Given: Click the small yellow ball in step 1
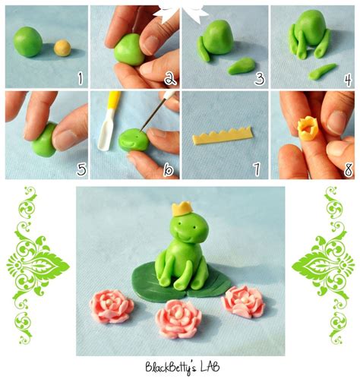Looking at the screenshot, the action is (62, 48).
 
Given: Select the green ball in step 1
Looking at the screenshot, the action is (28, 42).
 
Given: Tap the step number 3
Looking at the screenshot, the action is (260, 78).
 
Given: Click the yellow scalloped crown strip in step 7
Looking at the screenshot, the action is (223, 136).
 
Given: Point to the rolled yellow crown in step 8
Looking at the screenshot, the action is (307, 129).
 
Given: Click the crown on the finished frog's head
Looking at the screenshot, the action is (182, 209).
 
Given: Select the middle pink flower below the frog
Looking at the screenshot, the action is (178, 319).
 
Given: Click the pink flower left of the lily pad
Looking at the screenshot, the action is (112, 306).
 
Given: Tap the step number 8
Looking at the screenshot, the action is (349, 169).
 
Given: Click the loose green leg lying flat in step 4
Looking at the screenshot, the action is (322, 71).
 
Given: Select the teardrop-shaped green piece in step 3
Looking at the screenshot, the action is (242, 66).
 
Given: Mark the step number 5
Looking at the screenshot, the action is (81, 169).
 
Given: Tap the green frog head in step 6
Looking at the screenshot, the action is (134, 140).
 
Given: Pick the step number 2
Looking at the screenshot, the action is (170, 78).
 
